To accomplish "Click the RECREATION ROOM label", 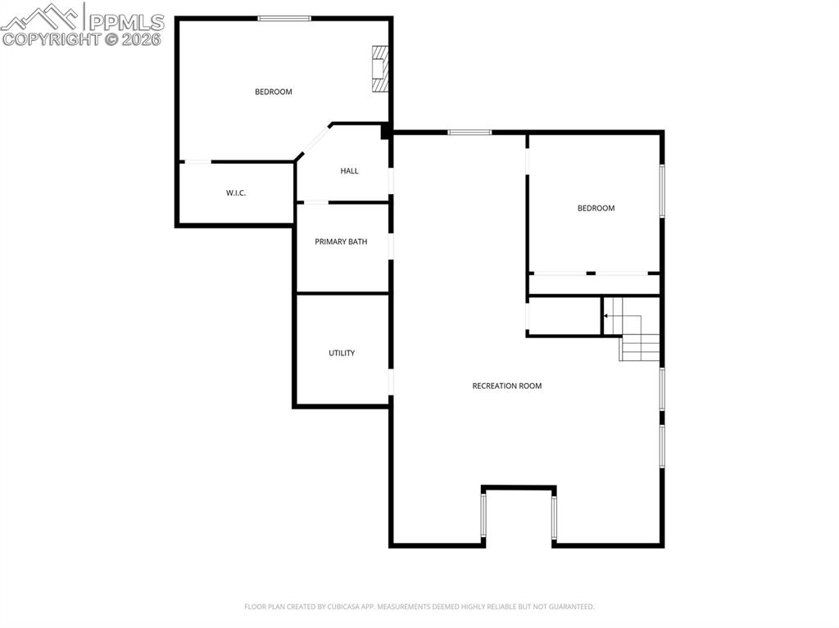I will (506, 386).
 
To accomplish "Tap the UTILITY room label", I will (342, 353).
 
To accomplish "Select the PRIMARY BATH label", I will (341, 242).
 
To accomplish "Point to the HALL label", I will (349, 171).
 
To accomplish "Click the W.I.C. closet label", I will (236, 193).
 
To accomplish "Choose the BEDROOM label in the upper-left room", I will (273, 92).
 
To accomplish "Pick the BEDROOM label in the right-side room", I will (596, 208).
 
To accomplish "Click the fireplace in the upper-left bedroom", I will (379, 69).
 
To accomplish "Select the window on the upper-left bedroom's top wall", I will (284, 18).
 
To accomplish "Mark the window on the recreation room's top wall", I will (469, 132).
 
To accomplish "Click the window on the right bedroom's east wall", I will (662, 192).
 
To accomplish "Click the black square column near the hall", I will (385, 131).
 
